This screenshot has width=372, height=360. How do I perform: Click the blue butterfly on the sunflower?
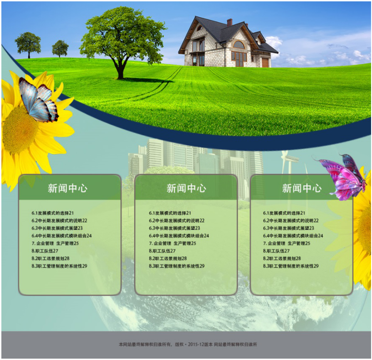click(x=38, y=100)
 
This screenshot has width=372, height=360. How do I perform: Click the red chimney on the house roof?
click(x=229, y=22)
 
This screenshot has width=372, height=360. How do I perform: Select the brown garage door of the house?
click(x=265, y=62)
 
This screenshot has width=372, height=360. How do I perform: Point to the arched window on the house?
click(x=239, y=45)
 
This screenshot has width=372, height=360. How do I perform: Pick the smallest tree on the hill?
click(x=60, y=48)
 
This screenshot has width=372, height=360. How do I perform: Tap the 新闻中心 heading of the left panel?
click(x=67, y=188)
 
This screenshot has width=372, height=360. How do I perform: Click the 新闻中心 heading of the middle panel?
click(x=186, y=188)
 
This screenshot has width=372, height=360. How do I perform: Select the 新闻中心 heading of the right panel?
click(x=301, y=188)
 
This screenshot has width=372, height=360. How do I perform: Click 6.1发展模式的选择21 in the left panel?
click(x=53, y=213)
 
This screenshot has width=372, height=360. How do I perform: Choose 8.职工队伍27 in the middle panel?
click(x=162, y=251)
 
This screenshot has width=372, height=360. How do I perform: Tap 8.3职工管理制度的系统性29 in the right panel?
click(x=290, y=266)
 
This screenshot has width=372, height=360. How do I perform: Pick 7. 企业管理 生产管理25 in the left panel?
click(x=55, y=243)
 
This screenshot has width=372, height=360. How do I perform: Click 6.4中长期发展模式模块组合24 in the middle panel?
click(x=179, y=236)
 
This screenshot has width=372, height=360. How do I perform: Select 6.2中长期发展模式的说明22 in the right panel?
click(x=290, y=221)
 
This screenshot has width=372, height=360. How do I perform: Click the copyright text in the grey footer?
click(x=188, y=344)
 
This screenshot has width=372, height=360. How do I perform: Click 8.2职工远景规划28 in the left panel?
click(x=51, y=258)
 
